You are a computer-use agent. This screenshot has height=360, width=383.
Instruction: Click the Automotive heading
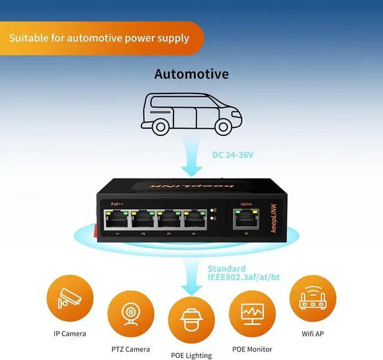tap(191, 74)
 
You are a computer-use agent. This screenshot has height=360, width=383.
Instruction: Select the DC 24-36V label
tap(233, 155)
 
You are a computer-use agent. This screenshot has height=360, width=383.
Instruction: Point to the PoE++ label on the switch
tap(117, 204)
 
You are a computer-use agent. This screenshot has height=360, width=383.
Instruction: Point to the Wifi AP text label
tap(312, 333)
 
